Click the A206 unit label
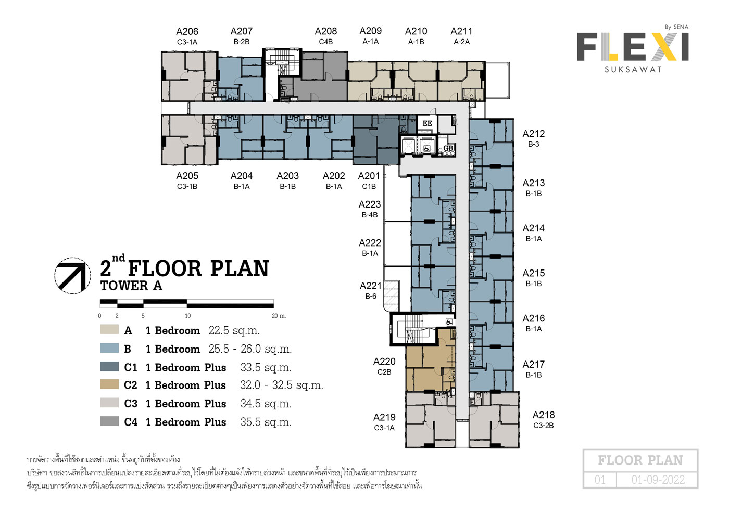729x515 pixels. point(187,32)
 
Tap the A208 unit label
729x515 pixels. point(326,31)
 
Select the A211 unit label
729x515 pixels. point(461,31)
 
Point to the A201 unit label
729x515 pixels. point(369,176)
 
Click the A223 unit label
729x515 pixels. point(369,204)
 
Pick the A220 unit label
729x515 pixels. point(384,362)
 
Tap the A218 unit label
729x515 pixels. point(544,415)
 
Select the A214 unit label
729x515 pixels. point(533,228)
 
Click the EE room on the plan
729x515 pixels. point(427,124)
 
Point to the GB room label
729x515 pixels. point(448,148)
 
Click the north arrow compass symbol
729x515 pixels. point(72,276)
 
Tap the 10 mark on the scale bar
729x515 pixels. point(188,316)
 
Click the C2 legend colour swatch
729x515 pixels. point(109,384)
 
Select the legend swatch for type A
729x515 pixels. point(109,329)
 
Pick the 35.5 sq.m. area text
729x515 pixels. point(266,422)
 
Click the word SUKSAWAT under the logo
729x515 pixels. point(633,70)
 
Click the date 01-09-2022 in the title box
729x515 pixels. point(658,480)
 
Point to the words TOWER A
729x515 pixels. point(131,286)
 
